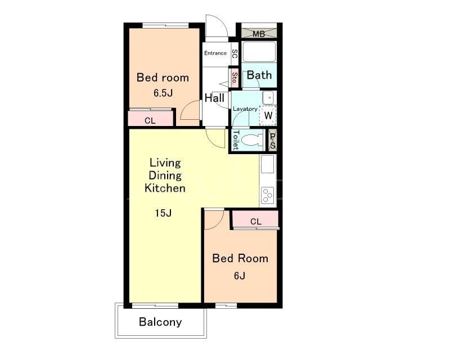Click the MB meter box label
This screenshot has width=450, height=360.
259,34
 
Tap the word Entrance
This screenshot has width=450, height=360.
215,53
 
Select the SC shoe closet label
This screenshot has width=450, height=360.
235,53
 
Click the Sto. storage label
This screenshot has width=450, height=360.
235,78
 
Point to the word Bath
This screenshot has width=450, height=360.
259,75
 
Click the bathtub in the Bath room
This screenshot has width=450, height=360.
259,52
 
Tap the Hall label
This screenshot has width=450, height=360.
214,98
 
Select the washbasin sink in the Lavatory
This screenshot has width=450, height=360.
269,98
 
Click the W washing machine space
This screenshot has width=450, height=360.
268,115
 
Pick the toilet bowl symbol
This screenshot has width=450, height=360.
252,140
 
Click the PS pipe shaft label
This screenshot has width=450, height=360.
273,141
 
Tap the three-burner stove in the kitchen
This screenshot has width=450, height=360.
268,195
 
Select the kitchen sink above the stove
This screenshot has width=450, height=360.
267,164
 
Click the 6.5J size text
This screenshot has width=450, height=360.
163,93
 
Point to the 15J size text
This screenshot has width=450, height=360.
163,213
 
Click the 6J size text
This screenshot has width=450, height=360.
240,276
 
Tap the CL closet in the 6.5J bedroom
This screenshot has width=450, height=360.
150,118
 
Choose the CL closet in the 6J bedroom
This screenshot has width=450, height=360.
255,220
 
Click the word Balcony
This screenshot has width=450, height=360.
160,322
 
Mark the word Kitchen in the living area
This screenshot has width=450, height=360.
165,188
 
